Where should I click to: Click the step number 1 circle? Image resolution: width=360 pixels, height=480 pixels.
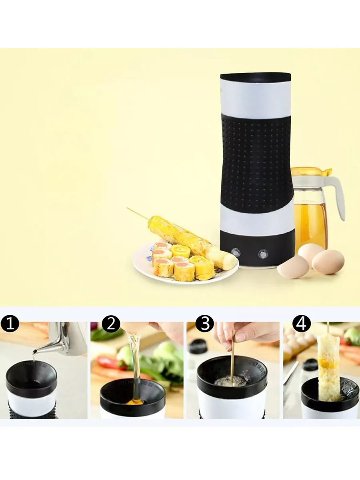[10, 324]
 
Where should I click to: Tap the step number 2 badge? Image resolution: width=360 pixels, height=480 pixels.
[111, 324]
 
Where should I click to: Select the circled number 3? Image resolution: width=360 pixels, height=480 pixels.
[205, 324]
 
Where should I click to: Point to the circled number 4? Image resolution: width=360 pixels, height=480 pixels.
[302, 324]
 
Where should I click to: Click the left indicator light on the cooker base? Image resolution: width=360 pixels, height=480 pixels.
[236, 252]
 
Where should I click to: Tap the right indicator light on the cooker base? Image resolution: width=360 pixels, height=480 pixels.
[263, 254]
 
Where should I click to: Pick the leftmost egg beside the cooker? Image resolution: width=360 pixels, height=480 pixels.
[293, 266]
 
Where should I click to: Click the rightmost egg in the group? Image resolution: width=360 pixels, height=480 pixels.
[328, 262]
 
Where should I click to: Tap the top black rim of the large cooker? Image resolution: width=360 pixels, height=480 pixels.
[256, 76]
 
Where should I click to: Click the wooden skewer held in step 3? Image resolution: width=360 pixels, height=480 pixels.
[233, 361]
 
